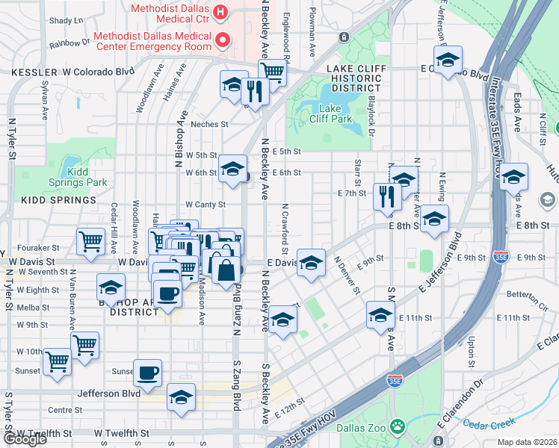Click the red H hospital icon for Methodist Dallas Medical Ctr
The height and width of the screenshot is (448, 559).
220,11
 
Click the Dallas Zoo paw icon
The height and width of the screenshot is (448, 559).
400,427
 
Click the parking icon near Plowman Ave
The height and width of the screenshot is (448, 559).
343,37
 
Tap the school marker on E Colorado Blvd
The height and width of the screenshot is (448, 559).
448,60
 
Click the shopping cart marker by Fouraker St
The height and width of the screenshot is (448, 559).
90,242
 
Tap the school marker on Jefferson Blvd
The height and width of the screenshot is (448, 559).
181,397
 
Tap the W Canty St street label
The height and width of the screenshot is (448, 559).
206,204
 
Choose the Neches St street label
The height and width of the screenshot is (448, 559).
209,124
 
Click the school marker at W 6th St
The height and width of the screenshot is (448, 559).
232,168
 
